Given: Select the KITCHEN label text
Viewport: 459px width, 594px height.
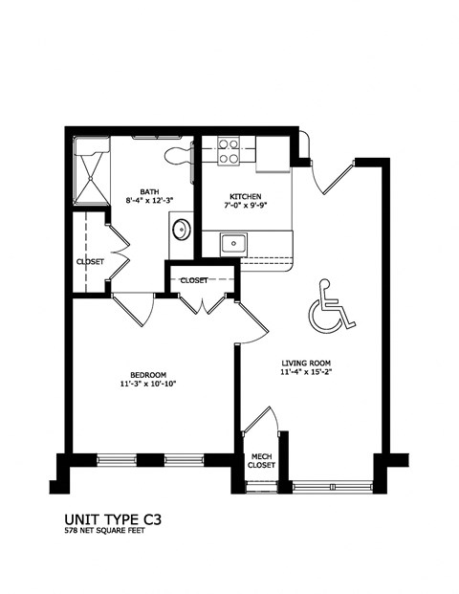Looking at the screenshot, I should [234, 191].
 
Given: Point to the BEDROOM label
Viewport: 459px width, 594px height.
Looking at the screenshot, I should [148, 374].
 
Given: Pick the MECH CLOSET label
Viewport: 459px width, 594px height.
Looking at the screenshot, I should [262, 460].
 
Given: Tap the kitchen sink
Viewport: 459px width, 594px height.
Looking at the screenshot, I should [231, 243].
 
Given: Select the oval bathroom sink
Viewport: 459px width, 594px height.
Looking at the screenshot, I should [181, 230].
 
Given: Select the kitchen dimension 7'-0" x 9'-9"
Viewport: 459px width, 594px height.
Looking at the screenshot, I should [234, 202].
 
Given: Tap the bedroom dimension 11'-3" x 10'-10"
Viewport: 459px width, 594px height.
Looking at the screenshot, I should [148, 385].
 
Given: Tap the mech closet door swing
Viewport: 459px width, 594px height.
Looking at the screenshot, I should [261, 425].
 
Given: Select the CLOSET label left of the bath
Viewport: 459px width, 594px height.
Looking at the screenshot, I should [90, 260].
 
